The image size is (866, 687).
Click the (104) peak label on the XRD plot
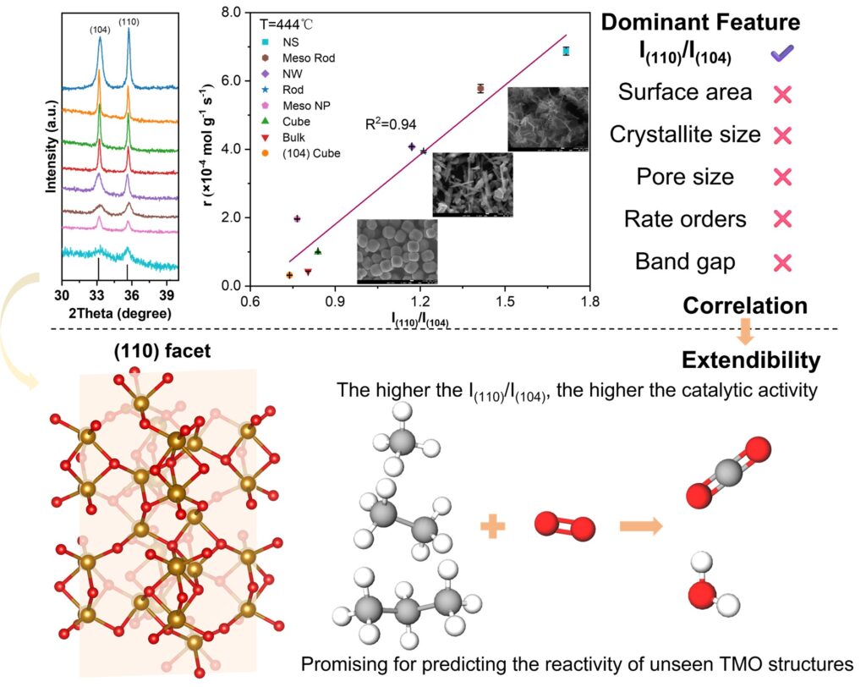(99, 30)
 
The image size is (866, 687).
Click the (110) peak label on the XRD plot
(129, 21)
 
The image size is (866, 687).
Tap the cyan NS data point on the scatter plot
(566, 52)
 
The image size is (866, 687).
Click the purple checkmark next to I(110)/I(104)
(782, 54)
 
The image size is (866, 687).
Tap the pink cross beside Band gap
(782, 261)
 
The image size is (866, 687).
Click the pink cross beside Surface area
(782, 93)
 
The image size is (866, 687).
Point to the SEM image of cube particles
(397, 250)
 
